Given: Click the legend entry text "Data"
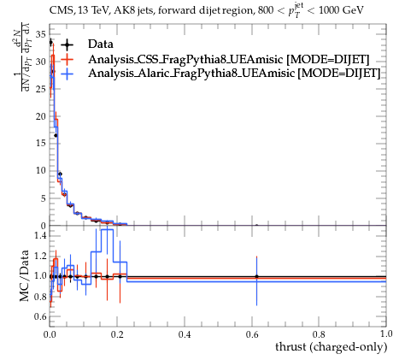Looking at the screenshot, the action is pyautogui.click(x=101, y=44).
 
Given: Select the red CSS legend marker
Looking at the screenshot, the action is pyautogui.click(x=67, y=59).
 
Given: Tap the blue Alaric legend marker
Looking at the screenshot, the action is pyautogui.click(x=67, y=74).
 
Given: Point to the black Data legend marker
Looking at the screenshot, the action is pyautogui.click(x=67, y=44).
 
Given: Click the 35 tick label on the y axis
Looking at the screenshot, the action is pyautogui.click(x=41, y=34).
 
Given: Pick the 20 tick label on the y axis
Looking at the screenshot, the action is pyautogui.click(x=41, y=116).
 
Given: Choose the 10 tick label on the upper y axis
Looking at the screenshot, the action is pyautogui.click(x=41, y=171).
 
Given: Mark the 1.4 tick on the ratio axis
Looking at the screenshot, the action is pyautogui.click(x=40, y=235).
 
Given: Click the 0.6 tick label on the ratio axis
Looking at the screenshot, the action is pyautogui.click(x=40, y=316).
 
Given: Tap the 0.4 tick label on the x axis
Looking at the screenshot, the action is pyautogui.click(x=185, y=334).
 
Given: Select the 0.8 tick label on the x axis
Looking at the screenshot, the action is pyautogui.click(x=319, y=334).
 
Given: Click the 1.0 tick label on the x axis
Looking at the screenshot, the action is pyautogui.click(x=386, y=334).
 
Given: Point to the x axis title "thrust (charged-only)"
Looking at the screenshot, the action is pyautogui.click(x=332, y=347).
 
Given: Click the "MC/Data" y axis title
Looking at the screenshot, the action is pyautogui.click(x=25, y=275).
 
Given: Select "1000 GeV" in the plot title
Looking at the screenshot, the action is pyautogui.click(x=342, y=10).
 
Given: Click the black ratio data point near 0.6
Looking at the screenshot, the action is pyautogui.click(x=256, y=276).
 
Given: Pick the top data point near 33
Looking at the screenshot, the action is pyautogui.click(x=50, y=43).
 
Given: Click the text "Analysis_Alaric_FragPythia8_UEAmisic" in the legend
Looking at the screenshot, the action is pyautogui.click(x=191, y=74).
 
